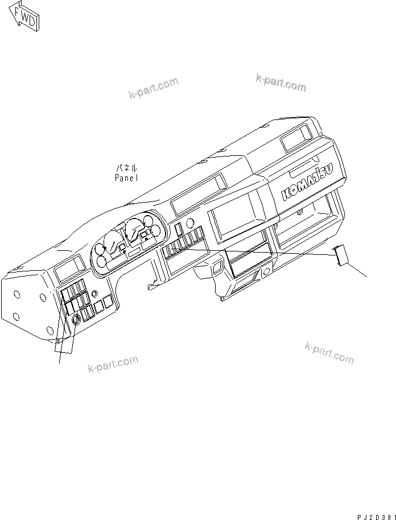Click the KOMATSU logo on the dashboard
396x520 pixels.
click(313, 178)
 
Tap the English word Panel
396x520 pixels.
click(126, 177)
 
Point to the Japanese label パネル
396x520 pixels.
click(126, 168)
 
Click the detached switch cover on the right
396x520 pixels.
click(341, 254)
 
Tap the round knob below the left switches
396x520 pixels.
click(76, 320)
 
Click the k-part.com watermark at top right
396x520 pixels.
click(280, 83)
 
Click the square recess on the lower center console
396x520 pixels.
click(216, 266)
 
